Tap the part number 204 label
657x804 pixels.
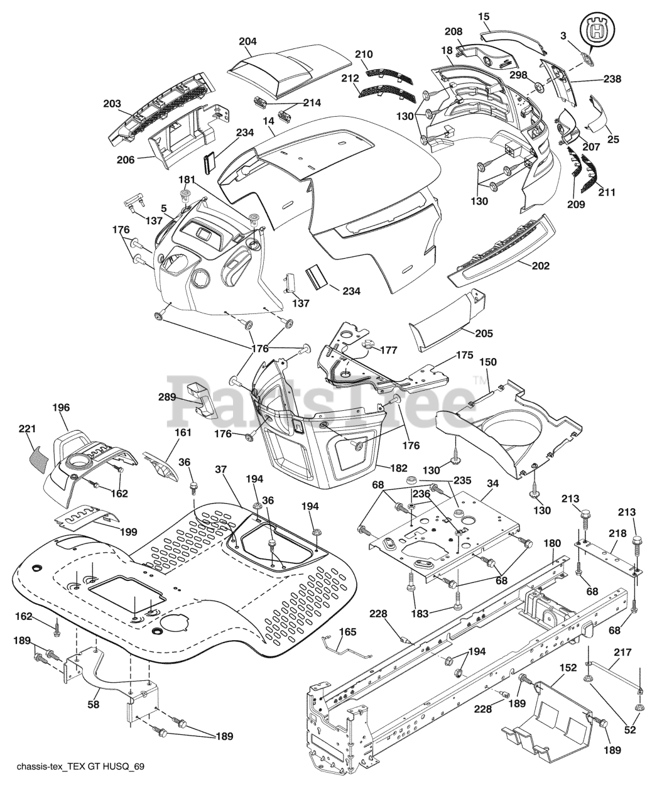(248, 41)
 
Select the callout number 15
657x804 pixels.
(484, 17)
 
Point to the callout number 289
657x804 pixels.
(167, 397)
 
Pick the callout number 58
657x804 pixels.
(94, 705)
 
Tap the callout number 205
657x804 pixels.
(484, 333)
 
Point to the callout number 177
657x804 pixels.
(389, 350)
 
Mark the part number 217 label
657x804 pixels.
(623, 653)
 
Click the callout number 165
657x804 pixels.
(347, 632)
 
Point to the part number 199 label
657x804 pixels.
(128, 531)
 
